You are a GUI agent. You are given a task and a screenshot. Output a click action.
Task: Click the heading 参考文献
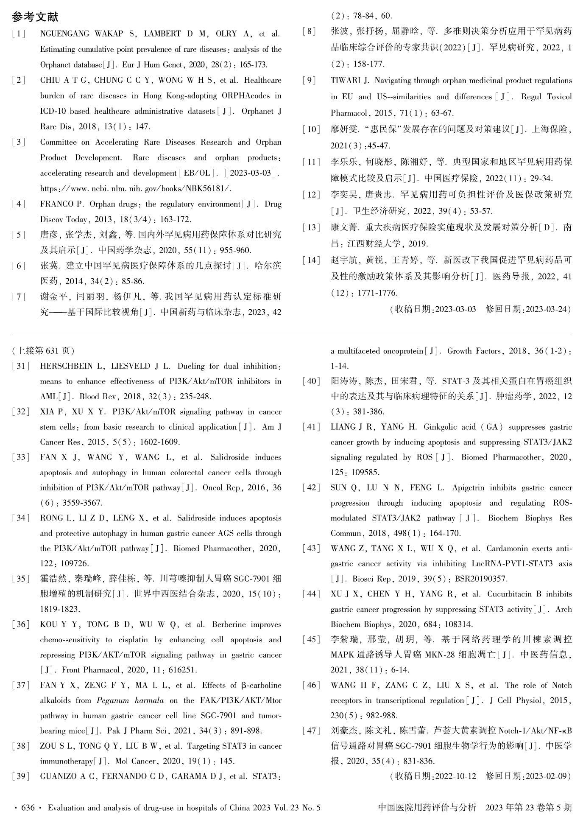pos(35,17)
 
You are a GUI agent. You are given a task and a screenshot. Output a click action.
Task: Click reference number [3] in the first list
pos(19,142)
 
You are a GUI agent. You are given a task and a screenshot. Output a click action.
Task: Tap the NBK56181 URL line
pos(136,188)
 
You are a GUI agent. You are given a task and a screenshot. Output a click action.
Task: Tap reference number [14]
pos(312,260)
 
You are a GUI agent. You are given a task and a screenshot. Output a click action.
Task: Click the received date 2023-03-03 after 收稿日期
pos(455,309)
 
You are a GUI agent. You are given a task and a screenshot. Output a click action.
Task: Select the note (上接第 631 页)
pos(44,351)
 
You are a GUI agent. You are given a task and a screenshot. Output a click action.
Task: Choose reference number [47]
pos(312,731)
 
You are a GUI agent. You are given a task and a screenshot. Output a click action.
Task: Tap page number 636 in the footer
pos(28,808)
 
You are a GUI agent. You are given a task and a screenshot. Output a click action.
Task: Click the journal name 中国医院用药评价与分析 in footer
pos(427,808)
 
